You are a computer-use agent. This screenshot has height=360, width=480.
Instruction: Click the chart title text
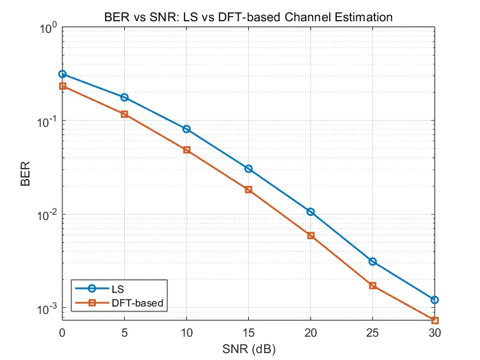pyautogui.click(x=248, y=16)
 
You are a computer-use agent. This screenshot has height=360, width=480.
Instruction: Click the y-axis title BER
pyautogui.click(x=25, y=175)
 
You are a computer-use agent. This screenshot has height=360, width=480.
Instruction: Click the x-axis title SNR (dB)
pyautogui.click(x=248, y=348)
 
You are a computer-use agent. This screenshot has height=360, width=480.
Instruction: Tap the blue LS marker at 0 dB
pyautogui.click(x=62, y=74)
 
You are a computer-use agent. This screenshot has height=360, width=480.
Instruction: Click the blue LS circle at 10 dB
pyautogui.click(x=187, y=129)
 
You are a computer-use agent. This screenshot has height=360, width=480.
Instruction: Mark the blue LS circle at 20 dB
pyautogui.click(x=311, y=212)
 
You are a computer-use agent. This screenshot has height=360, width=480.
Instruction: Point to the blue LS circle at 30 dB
pyautogui.click(x=435, y=300)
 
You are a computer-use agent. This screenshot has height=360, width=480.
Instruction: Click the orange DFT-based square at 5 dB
pyautogui.click(x=124, y=114)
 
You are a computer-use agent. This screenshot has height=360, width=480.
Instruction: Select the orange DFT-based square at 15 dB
pyautogui.click(x=248, y=189)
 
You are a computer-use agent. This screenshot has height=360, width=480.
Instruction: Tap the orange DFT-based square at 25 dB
pyautogui.click(x=372, y=285)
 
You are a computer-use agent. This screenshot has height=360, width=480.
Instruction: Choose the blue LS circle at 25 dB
pyautogui.click(x=372, y=261)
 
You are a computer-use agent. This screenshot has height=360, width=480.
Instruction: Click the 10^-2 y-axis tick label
pyautogui.click(x=47, y=215)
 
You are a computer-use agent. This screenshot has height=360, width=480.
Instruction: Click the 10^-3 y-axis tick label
pyautogui.click(x=47, y=309)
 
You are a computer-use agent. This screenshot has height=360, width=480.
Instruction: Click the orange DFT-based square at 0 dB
pyautogui.click(x=62, y=86)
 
